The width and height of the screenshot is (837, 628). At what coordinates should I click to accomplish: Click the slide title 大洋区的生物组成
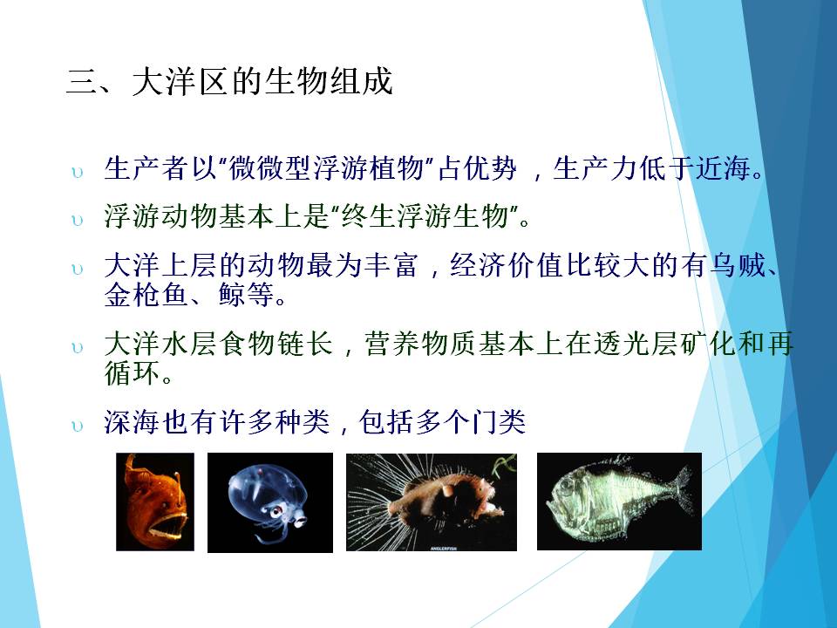[262, 82]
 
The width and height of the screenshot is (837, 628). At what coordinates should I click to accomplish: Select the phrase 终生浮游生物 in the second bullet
[425, 217]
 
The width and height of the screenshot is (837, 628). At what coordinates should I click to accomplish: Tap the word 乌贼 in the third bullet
[738, 265]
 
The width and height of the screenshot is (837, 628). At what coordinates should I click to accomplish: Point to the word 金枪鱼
[146, 294]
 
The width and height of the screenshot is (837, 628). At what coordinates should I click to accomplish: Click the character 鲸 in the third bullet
[232, 294]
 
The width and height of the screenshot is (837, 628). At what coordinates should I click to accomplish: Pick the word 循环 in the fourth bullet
[132, 372]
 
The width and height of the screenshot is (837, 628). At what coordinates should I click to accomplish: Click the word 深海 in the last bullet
[132, 422]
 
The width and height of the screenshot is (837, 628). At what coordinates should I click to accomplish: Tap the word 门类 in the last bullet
[498, 422]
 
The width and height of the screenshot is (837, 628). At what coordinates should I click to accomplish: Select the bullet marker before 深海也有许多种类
[78, 426]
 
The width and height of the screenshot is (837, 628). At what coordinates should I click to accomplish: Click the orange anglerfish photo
[155, 502]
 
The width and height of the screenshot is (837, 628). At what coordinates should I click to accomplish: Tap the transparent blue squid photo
[270, 502]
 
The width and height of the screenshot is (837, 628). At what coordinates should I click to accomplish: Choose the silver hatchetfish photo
[619, 501]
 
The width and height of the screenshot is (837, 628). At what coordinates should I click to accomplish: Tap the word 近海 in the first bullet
[724, 168]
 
